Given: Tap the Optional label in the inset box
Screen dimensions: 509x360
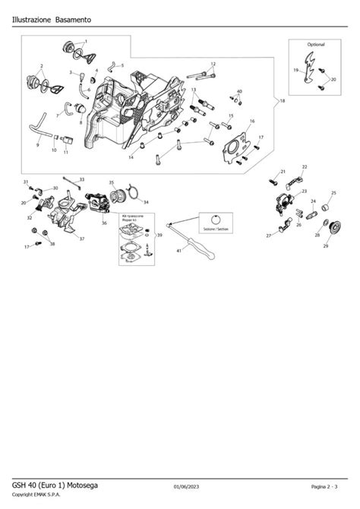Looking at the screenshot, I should (315, 45).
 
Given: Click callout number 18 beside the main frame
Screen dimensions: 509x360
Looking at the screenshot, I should (283, 101).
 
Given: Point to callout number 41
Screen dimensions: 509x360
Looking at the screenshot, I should (179, 250).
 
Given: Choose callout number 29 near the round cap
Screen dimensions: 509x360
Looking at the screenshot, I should (326, 247).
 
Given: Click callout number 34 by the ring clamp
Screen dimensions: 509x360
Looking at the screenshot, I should (146, 202).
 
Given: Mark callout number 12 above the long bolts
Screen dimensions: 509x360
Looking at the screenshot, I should (213, 64).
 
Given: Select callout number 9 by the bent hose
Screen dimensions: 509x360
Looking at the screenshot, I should (38, 144).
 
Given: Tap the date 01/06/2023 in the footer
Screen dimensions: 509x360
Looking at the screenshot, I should (188, 486).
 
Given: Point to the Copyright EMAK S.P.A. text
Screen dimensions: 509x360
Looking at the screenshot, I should (39, 497).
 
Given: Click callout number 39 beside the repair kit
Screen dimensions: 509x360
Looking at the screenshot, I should (159, 236).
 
